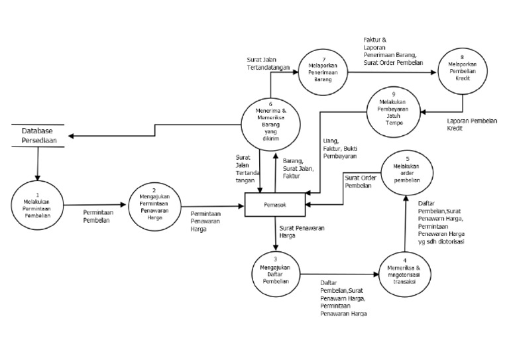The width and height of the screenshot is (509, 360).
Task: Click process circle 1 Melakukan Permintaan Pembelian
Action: coord(37,204)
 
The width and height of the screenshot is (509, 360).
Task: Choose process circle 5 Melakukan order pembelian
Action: coord(407,173)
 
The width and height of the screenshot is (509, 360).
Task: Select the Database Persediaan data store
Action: coord(38,135)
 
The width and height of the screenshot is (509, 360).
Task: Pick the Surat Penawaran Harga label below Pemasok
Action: coord(296,231)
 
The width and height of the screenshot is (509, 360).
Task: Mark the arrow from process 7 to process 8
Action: coord(390,74)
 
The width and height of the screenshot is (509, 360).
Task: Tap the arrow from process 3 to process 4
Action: coord(341,272)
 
